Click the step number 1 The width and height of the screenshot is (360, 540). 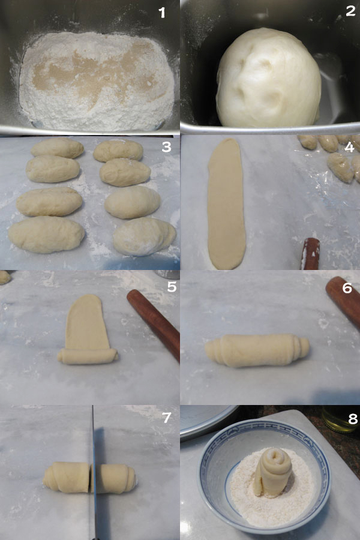pyautogui.click(x=162, y=13)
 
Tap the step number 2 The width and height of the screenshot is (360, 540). pyautogui.click(x=350, y=11)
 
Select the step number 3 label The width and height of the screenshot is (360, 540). pyautogui.click(x=166, y=147)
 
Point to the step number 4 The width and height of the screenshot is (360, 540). pyautogui.click(x=349, y=148)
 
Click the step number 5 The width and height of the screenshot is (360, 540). pyautogui.click(x=172, y=287)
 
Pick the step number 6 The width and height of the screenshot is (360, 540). pyautogui.click(x=347, y=288)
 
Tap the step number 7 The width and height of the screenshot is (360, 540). pyautogui.click(x=167, y=418)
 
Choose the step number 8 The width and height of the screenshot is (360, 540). pyautogui.click(x=353, y=419)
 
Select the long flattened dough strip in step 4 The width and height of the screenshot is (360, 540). pyautogui.click(x=226, y=203)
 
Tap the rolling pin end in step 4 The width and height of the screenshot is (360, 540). pyautogui.click(x=310, y=253)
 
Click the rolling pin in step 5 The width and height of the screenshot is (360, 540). pyautogui.click(x=154, y=324)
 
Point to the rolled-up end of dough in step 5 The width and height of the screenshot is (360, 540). pyautogui.click(x=88, y=356)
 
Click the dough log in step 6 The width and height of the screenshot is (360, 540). pyautogui.click(x=257, y=350)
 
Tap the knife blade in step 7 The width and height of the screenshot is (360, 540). pyautogui.click(x=94, y=472)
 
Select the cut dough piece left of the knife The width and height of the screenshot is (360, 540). pyautogui.click(x=67, y=477)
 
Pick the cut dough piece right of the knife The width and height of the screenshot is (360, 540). pyautogui.click(x=114, y=478)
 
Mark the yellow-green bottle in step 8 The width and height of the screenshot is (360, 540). pyautogui.click(x=341, y=419)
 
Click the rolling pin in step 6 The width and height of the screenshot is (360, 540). pyautogui.click(x=343, y=301)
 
